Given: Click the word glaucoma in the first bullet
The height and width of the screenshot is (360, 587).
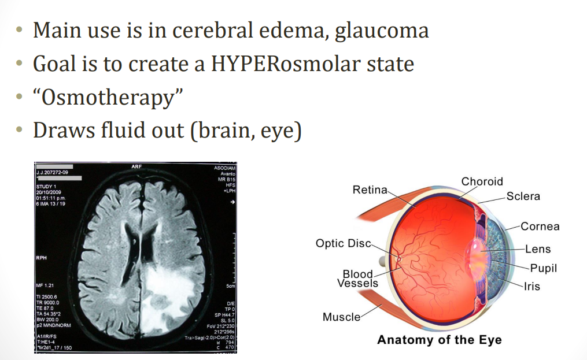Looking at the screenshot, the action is click(381, 30).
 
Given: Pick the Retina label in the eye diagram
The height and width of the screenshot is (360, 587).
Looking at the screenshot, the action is click(370, 190).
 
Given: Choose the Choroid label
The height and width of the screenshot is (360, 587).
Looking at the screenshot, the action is click(482, 181).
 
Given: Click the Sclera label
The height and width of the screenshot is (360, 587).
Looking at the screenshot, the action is click(523, 196).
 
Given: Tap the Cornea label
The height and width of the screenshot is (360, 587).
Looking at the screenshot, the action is click(540, 227).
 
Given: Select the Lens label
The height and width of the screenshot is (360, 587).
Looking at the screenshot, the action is click(537, 250).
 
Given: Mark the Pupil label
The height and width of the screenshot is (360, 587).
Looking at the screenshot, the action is click(543, 269).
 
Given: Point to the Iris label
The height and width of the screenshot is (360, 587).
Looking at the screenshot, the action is click(531, 287).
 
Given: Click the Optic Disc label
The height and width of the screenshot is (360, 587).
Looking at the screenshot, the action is click(343, 243).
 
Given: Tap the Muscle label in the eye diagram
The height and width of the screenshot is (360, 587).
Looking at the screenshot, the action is click(341, 317).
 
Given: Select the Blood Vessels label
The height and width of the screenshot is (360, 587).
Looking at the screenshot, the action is click(357, 279).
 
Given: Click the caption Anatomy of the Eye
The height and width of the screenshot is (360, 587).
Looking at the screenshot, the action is click(439, 340).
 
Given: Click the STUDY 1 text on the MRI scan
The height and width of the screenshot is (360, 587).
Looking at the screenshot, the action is click(46, 186).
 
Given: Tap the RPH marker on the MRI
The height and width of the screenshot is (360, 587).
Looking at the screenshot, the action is click(41, 258).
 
